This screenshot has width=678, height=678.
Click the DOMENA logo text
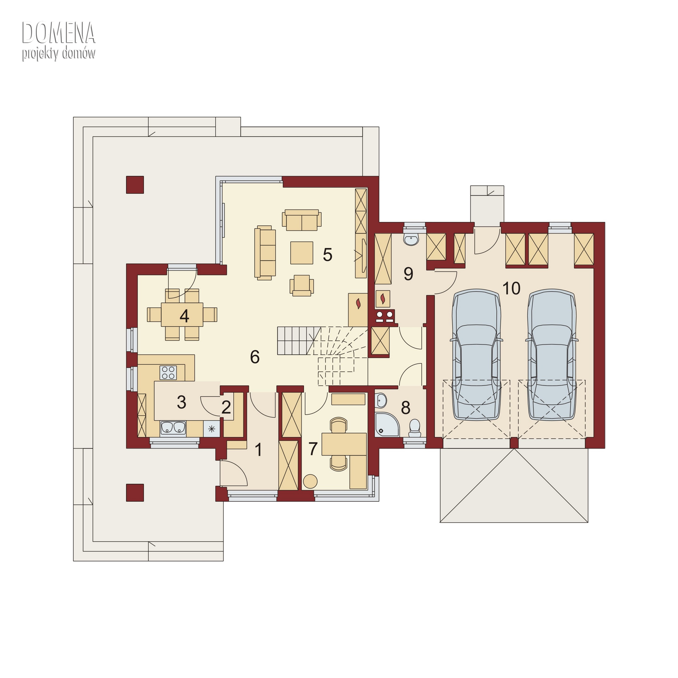tap(59, 33)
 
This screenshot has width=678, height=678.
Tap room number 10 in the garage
tap(511, 288)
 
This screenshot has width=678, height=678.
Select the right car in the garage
tap(552, 354)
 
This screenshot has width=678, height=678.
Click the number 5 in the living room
tap(327, 255)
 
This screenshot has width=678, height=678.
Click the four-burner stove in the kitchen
tap(168, 372)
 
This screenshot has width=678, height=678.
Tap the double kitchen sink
tap(173, 427)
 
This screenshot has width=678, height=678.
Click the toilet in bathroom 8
tap(415, 428)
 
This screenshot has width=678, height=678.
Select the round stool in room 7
tap(310, 481)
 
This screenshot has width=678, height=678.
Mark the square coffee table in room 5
tap(301, 253)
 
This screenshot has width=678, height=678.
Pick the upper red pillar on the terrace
tap(135, 185)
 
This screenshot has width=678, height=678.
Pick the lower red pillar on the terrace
tap(135, 493)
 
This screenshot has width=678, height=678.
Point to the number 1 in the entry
tap(259, 450)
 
